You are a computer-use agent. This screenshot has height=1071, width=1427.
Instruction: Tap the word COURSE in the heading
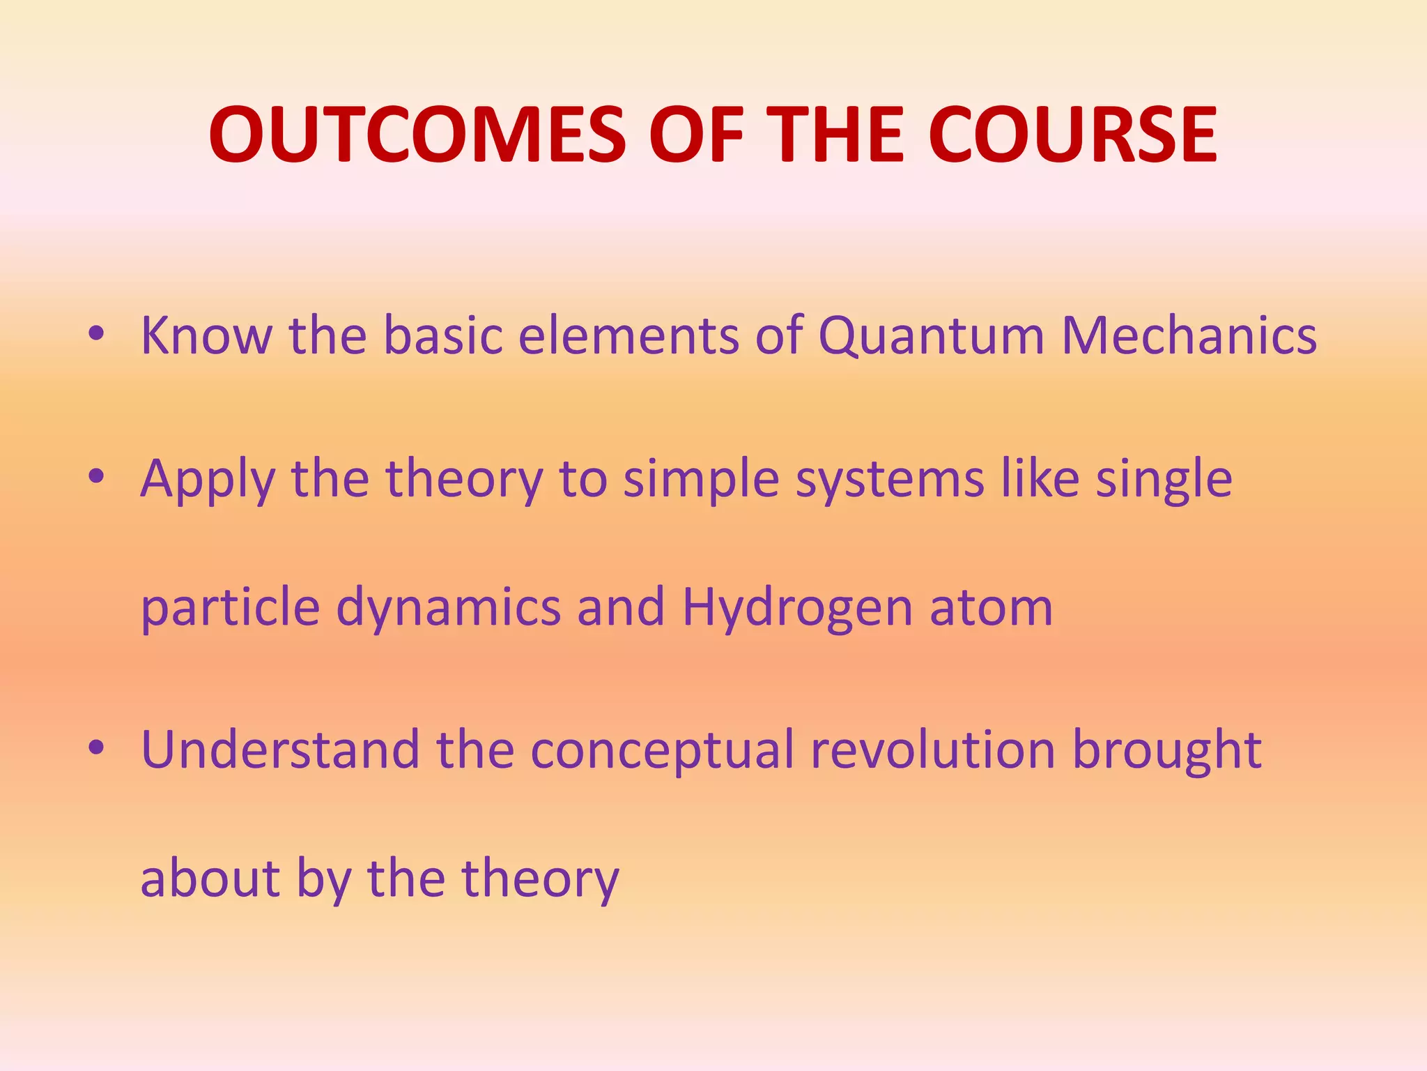coord(1073,134)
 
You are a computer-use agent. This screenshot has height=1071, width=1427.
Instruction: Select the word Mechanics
coord(1189,335)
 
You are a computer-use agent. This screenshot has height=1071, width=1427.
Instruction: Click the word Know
coord(206,335)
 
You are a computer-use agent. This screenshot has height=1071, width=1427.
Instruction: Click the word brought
coord(1166,750)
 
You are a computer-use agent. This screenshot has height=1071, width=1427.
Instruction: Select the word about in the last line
coord(210,879)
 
